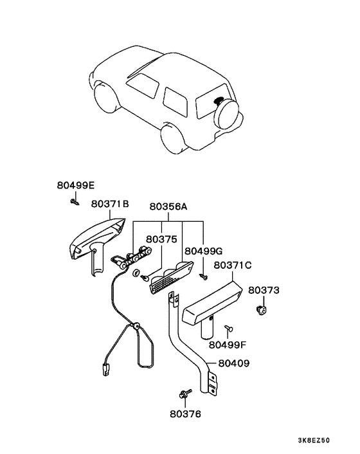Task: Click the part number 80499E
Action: click(75, 185)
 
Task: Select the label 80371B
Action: click(110, 204)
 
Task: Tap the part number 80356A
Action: click(168, 206)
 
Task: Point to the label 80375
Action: click(161, 239)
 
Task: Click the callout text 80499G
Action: click(203, 251)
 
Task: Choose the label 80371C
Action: click(233, 265)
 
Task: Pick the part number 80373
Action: click(264, 290)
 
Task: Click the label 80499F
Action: click(228, 345)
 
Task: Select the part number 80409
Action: click(234, 363)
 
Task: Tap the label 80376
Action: click(185, 414)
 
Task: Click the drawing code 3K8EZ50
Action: click(314, 440)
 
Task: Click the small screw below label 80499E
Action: click(75, 202)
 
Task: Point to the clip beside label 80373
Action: click(262, 311)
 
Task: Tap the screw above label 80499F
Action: click(230, 328)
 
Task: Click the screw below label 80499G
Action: click(204, 277)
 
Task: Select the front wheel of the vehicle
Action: click(107, 98)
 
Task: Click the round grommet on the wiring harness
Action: click(135, 327)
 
